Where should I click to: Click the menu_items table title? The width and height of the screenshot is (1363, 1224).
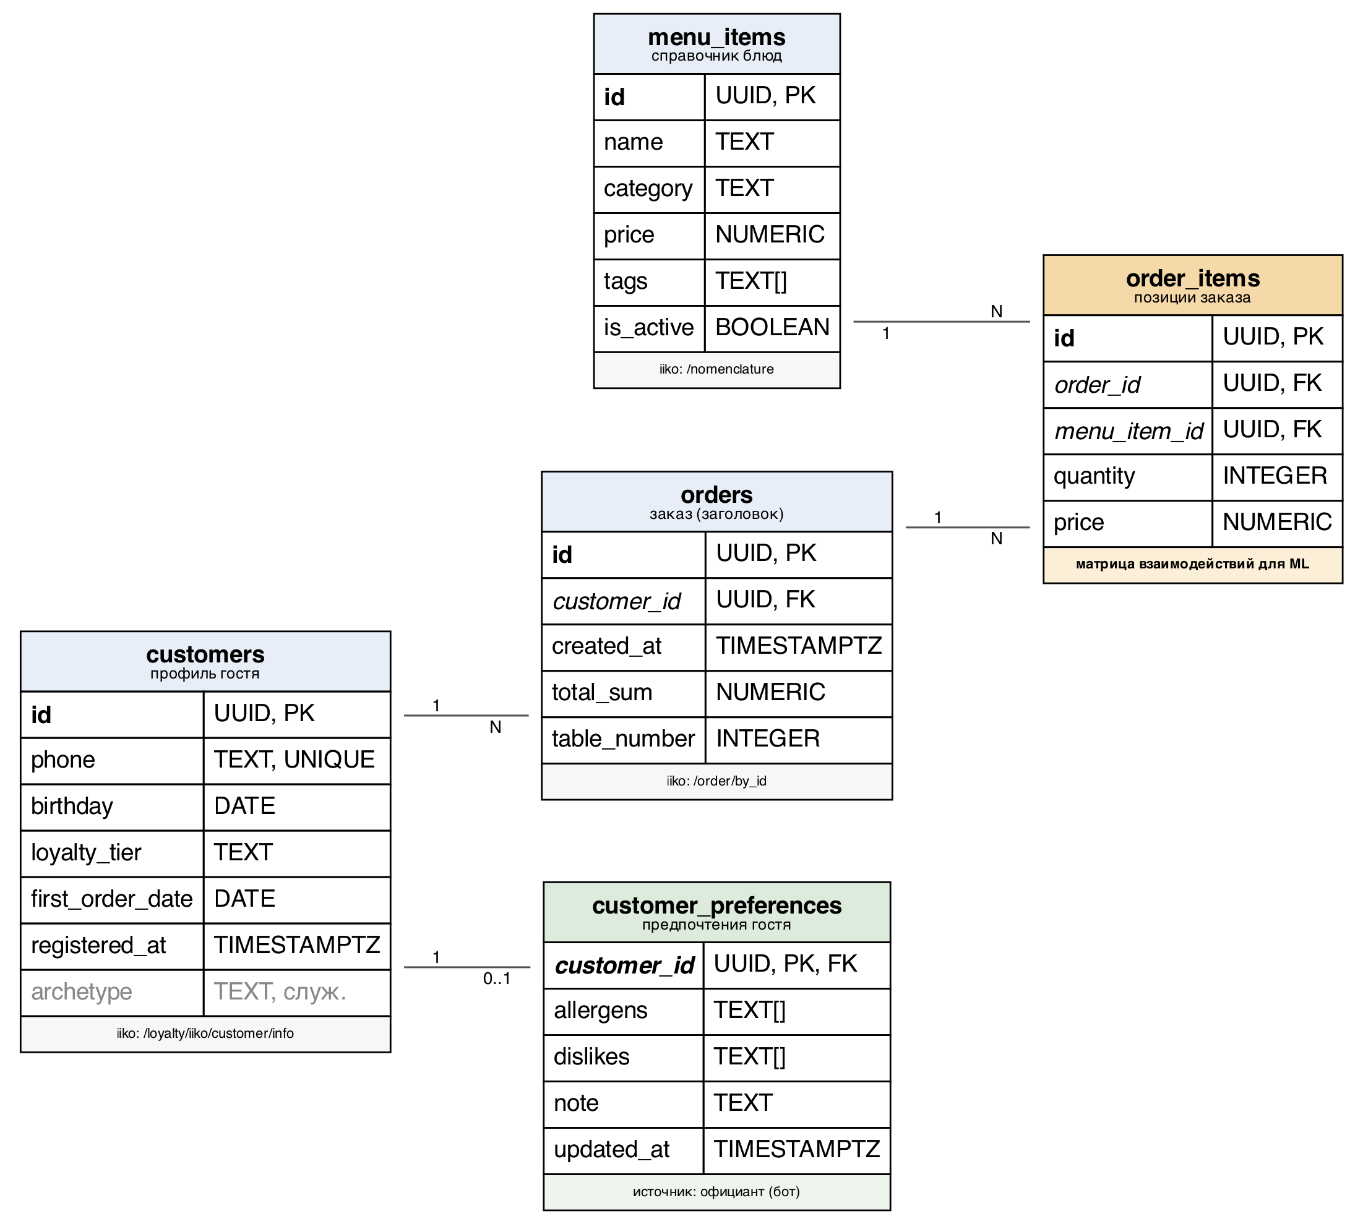point(716,36)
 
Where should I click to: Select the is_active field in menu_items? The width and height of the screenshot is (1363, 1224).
point(648,328)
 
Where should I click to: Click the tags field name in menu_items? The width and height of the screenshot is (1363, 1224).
point(625,281)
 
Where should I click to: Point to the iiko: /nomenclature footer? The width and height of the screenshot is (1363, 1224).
point(716,369)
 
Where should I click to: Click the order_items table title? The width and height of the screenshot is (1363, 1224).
point(1193,278)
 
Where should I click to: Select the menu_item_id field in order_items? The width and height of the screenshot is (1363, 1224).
point(1129,431)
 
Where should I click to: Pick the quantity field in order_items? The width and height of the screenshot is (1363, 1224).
point(1094,476)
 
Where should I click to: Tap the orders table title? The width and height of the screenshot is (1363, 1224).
point(716,494)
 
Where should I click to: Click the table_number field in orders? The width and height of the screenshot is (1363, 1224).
point(623,738)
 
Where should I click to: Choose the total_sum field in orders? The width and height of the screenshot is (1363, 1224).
point(602,692)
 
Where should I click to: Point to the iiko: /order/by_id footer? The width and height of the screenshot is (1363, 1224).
point(716,781)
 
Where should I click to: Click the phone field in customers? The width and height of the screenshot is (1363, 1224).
point(62,760)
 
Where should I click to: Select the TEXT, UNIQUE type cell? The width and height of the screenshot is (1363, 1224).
point(294,760)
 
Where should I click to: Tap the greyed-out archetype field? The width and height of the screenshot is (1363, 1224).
point(82,991)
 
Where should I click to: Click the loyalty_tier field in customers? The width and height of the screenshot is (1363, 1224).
point(86,853)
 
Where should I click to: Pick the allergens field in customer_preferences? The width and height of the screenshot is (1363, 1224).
point(600,1010)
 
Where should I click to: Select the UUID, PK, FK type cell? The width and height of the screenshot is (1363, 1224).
point(785,964)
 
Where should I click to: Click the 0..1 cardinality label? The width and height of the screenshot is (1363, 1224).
point(496,978)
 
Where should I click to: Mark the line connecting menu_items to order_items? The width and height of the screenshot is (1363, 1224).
point(941,322)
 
